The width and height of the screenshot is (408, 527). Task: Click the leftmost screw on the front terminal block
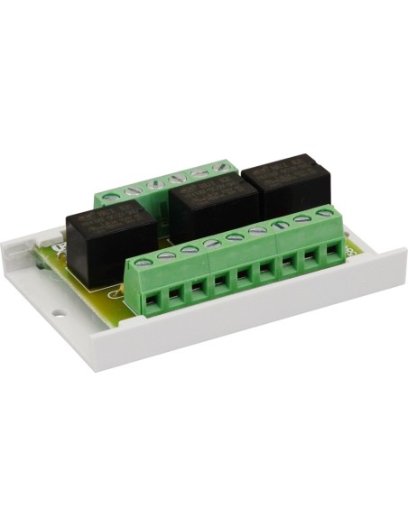click(x=144, y=262)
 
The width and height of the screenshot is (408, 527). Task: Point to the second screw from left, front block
click(x=166, y=255)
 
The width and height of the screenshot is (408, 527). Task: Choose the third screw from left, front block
click(x=190, y=249)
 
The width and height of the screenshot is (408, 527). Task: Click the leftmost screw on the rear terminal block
click(x=112, y=191)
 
